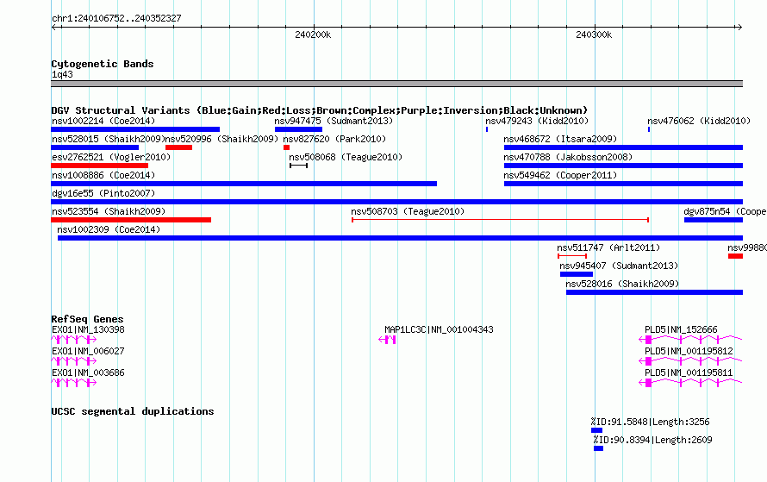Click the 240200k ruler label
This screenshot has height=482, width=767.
coord(313,34)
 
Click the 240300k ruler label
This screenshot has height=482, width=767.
coord(594,34)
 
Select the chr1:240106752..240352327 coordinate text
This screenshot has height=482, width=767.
coord(116,19)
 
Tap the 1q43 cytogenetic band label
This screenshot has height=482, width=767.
coord(62,74)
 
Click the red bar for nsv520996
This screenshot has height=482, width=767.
coord(178,147)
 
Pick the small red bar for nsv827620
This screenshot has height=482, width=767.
coord(286,147)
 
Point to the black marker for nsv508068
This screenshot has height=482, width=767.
coord(298,166)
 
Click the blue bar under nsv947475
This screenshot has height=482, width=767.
coord(298,129)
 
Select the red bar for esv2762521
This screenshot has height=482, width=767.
coord(99,166)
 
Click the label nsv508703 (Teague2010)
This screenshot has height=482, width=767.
coord(408,211)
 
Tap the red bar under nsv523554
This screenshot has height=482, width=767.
coord(131,220)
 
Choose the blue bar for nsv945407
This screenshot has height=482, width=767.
coord(577,274)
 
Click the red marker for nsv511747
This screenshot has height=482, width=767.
coord(572,256)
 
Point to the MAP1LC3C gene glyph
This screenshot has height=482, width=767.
coord(388,340)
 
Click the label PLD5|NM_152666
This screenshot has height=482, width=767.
coord(681,330)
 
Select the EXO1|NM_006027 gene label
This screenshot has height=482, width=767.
coord(88,351)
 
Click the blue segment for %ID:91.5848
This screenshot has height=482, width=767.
coord(596,430)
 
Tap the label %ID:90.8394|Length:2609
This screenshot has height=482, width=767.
coord(652,440)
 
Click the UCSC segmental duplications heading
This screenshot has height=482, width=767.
coord(133,411)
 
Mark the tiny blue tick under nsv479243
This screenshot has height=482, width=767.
coord(487,129)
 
